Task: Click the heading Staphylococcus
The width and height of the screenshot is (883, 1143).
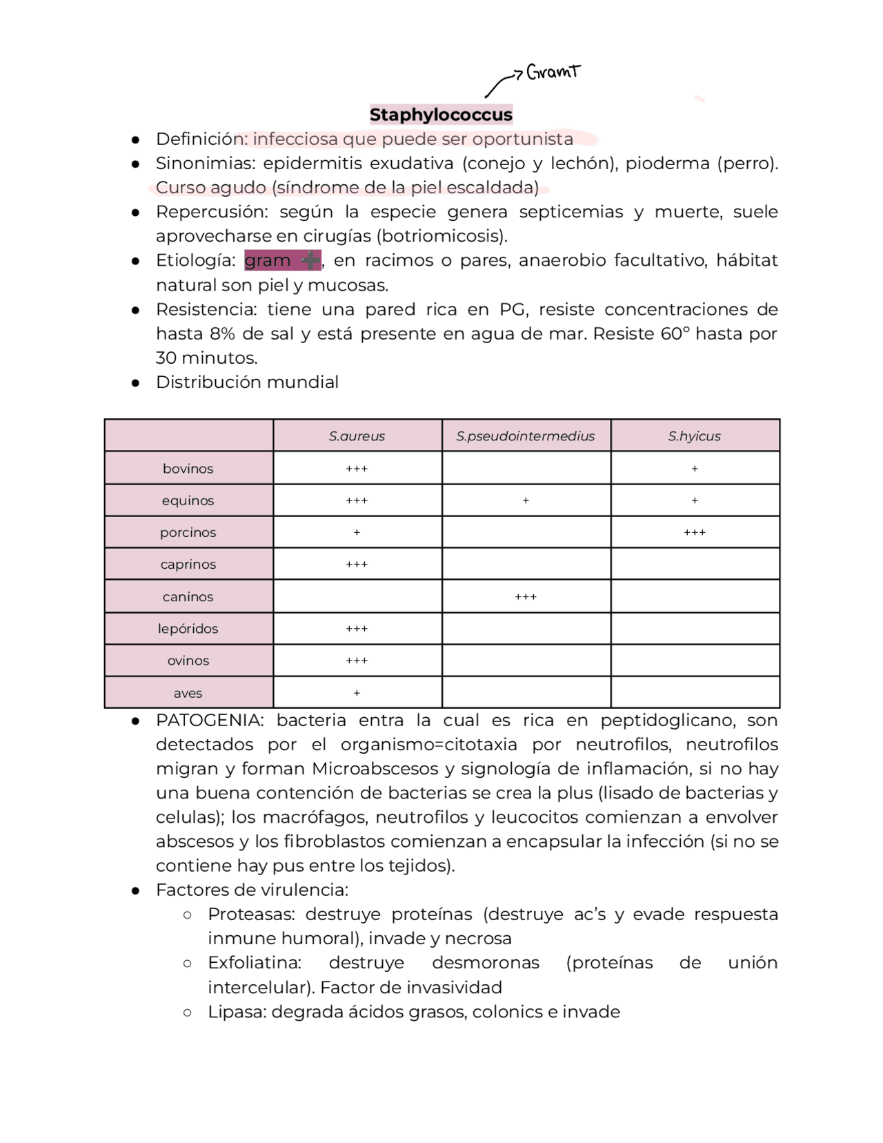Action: coord(441,115)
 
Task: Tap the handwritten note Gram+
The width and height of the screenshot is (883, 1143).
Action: coord(553,72)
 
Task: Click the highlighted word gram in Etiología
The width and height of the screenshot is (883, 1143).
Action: coord(268,261)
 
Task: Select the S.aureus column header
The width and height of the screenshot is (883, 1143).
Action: coord(357,436)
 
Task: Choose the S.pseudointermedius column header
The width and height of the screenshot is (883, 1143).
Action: coord(525,436)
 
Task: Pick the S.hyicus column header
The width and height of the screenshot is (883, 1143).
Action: coord(694,436)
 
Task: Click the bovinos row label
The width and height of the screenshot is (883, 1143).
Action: coord(188,469)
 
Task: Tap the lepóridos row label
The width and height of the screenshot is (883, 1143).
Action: coord(188,629)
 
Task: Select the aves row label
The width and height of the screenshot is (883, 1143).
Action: coord(188,693)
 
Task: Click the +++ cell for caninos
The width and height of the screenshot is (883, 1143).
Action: coord(526,597)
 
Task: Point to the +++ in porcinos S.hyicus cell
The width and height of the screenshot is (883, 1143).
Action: coord(695,533)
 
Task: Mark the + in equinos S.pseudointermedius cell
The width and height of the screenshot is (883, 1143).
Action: coord(526,500)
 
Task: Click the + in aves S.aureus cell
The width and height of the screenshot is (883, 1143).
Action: coord(357,693)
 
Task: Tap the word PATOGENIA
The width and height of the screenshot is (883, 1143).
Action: coord(209,721)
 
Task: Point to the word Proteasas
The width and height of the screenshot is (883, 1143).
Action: coord(251,915)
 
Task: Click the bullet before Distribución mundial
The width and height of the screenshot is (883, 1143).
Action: coord(136,383)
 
